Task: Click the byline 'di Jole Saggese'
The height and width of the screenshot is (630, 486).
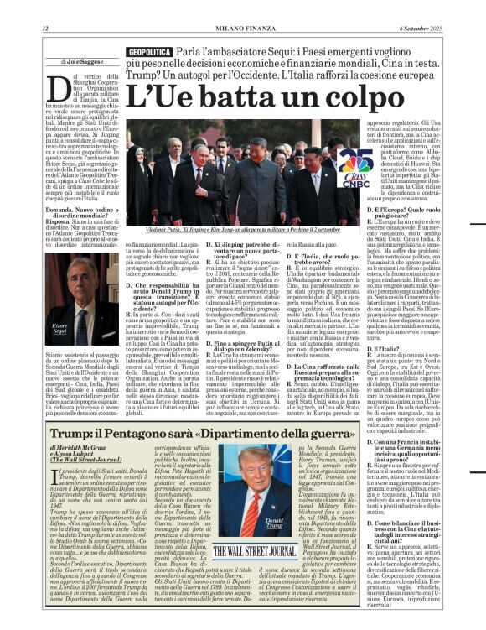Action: point(81,62)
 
